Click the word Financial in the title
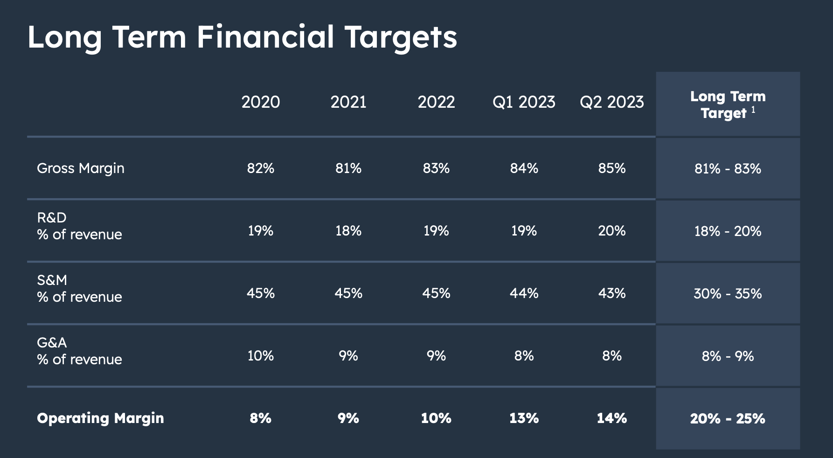click(x=265, y=37)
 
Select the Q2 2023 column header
click(x=611, y=102)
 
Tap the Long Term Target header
click(x=728, y=105)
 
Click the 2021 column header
click(x=348, y=102)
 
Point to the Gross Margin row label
click(x=81, y=168)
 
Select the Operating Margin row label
click(x=100, y=418)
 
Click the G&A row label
click(x=52, y=343)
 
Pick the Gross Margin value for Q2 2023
click(x=611, y=168)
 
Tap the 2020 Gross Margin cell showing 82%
click(x=260, y=168)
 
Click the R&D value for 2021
click(x=348, y=231)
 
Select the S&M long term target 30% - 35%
click(x=728, y=294)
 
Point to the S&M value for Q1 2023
click(x=524, y=293)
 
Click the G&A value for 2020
click(x=260, y=356)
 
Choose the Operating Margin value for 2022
click(x=436, y=418)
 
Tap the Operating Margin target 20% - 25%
click(x=728, y=419)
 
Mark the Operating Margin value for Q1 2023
click(x=524, y=418)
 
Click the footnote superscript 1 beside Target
click(x=753, y=110)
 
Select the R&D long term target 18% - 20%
click(x=728, y=231)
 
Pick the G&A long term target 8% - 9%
click(x=728, y=356)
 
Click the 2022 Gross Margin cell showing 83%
click(x=436, y=168)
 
